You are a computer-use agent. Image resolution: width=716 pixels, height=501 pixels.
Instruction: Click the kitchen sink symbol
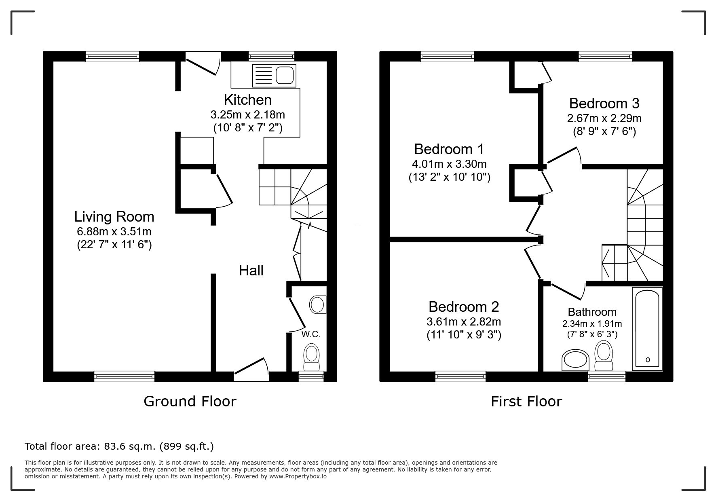[274, 76]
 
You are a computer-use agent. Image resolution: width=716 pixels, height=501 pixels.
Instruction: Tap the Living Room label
[114, 217]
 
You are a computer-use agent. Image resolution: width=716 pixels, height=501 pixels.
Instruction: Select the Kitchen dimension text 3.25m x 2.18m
[247, 114]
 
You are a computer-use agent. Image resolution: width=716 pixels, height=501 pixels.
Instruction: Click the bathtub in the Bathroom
[647, 329]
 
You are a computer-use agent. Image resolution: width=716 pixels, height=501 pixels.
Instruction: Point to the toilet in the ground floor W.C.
[311, 358]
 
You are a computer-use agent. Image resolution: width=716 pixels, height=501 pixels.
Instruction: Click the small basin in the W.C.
[318, 304]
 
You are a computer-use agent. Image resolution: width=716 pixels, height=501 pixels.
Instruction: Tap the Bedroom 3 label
[604, 104]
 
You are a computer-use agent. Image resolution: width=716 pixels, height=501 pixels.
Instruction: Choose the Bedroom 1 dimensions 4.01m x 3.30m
[449, 164]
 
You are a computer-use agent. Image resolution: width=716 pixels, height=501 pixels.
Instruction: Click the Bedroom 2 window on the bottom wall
[460, 376]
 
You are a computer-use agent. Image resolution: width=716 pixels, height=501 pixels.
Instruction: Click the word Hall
[251, 271]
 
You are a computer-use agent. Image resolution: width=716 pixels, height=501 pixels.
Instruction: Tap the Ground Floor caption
[190, 402]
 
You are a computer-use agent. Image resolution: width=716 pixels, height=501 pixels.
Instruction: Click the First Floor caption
[526, 402]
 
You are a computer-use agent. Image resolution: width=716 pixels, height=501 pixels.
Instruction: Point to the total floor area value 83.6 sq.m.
[130, 446]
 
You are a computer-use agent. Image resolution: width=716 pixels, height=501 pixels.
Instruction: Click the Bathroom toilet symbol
[604, 356]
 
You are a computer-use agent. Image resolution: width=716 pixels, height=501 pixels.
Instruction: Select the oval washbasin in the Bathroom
[575, 360]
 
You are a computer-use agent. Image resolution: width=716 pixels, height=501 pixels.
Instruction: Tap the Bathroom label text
[592, 312]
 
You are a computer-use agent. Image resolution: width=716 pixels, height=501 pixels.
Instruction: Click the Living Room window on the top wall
[112, 56]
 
